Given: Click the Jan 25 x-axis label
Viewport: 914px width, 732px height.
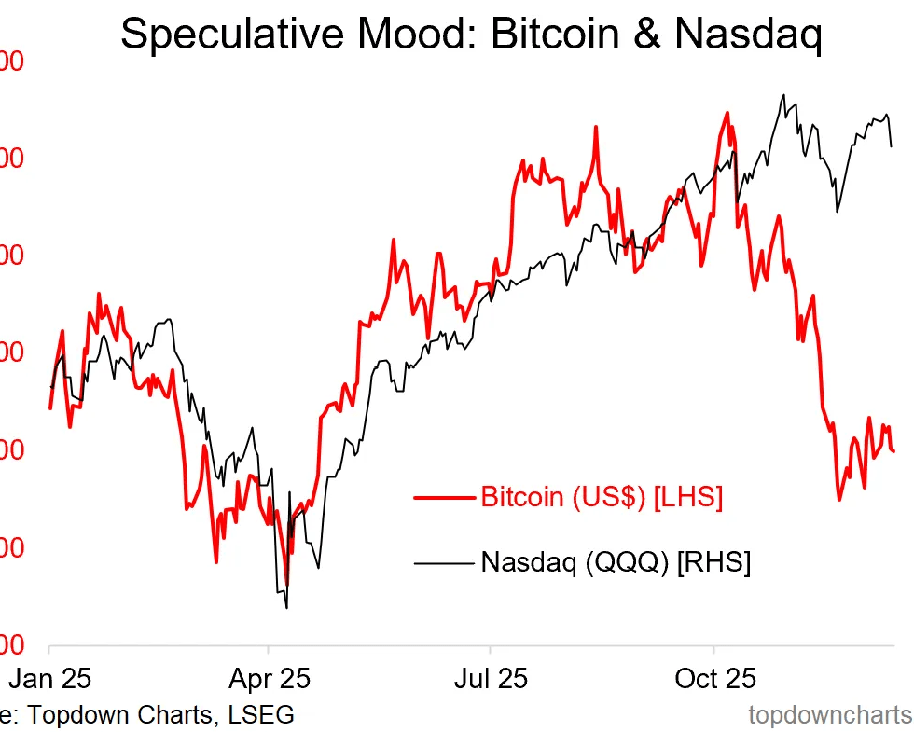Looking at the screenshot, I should pyautogui.click(x=48, y=677).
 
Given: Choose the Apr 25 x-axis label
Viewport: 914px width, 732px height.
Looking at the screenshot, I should pyautogui.click(x=269, y=677).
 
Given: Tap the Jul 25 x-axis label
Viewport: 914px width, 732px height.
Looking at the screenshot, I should pyautogui.click(x=491, y=677).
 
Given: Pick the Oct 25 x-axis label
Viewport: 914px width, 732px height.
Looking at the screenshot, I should pyautogui.click(x=714, y=677).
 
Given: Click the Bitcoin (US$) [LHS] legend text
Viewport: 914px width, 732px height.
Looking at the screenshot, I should pyautogui.click(x=602, y=497).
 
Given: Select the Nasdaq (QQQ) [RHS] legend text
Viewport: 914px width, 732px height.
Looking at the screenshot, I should pyautogui.click(x=616, y=562).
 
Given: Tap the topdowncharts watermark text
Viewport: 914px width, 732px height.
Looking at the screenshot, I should pyautogui.click(x=830, y=715).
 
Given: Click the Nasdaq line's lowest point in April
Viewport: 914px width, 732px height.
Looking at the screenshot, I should pyautogui.click(x=285, y=608).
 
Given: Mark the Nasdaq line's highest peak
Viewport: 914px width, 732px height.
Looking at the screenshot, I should pyautogui.click(x=783, y=94).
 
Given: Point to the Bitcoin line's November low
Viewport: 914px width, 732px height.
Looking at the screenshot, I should pyautogui.click(x=839, y=500).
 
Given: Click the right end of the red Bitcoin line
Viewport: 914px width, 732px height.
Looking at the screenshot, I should pyautogui.click(x=893, y=452).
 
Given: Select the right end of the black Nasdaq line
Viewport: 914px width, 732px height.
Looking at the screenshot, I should pyautogui.click(x=892, y=146).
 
